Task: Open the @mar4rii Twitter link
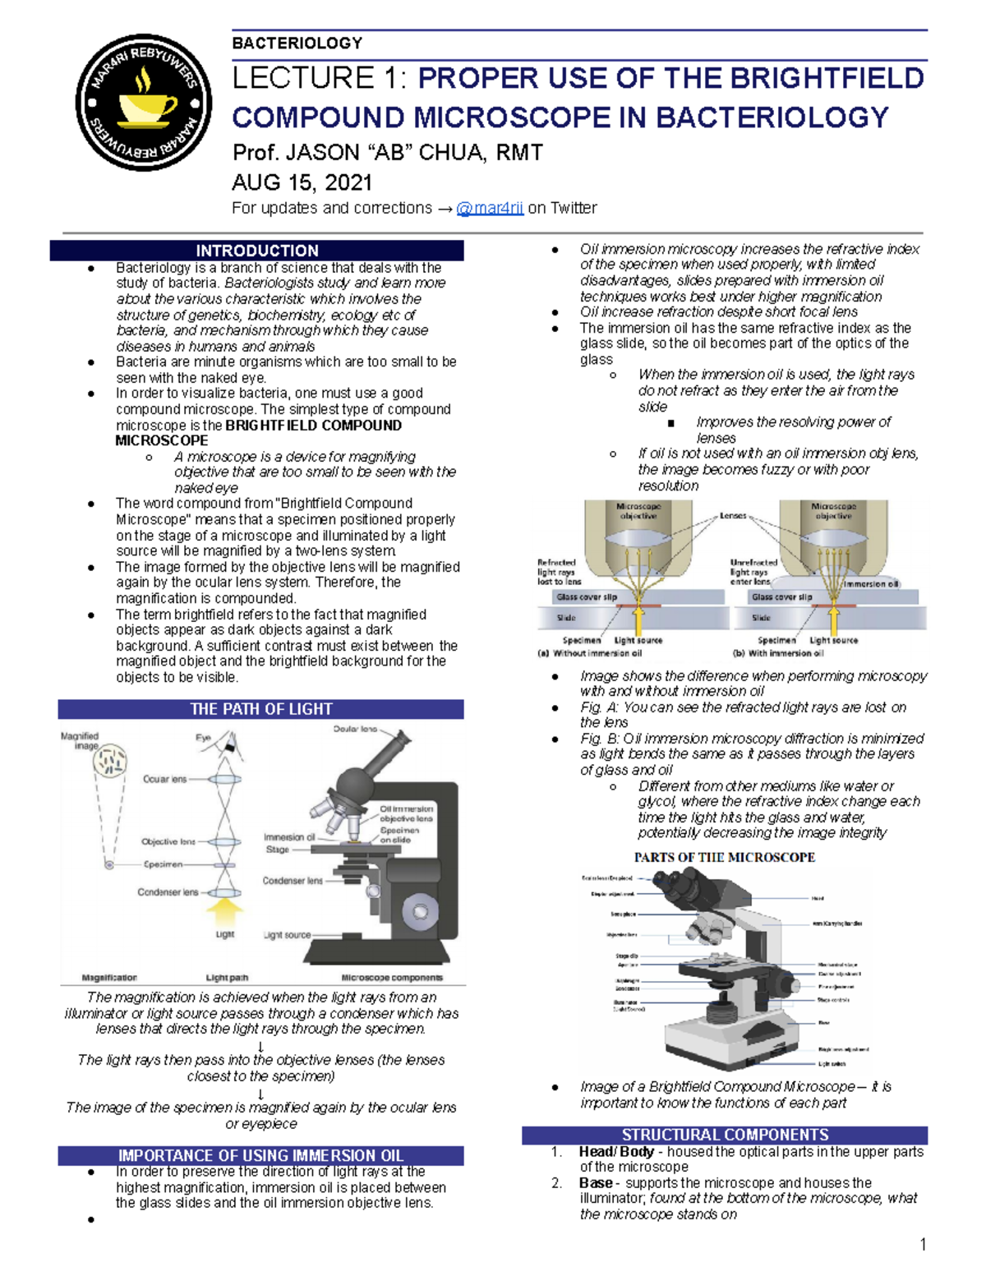(x=490, y=208)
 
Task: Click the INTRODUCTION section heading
(x=256, y=251)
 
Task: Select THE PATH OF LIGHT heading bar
(x=260, y=709)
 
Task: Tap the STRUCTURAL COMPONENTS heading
(x=725, y=1135)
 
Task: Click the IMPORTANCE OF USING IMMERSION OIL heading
(x=260, y=1155)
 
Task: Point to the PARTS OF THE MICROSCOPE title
(x=724, y=857)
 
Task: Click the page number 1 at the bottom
(x=923, y=1245)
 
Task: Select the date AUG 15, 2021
(x=302, y=182)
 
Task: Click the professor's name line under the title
(x=387, y=153)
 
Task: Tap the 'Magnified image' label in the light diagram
(x=80, y=741)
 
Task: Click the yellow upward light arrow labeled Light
(x=224, y=912)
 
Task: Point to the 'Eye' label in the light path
(x=203, y=738)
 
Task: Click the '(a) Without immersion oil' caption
(x=589, y=654)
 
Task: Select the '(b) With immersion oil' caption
(x=777, y=654)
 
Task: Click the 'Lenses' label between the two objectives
(x=733, y=516)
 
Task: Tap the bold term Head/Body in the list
(x=616, y=1152)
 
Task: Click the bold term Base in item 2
(x=596, y=1183)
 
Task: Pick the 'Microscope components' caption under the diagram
(x=391, y=978)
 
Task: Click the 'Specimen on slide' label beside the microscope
(x=399, y=835)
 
